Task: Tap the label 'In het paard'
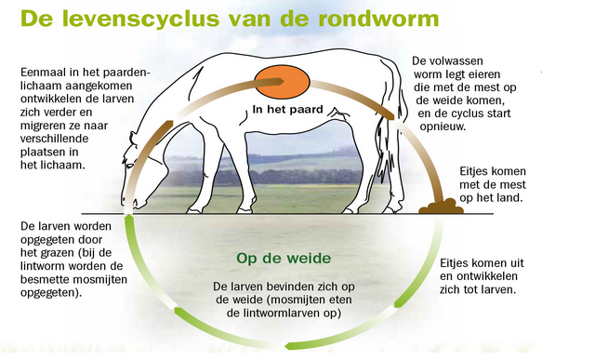[x=288, y=110]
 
